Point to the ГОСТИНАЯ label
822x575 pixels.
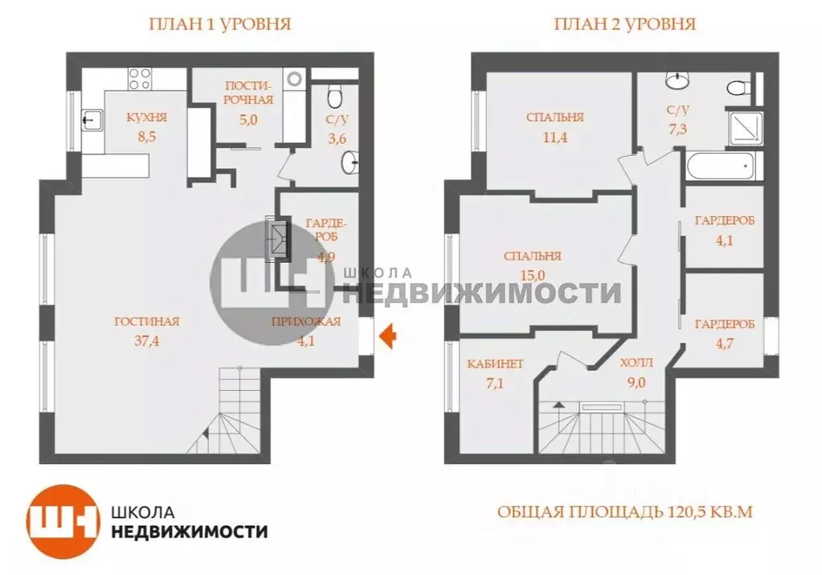(x=146, y=322)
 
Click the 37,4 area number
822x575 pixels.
(x=146, y=339)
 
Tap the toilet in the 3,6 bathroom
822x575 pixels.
(x=336, y=97)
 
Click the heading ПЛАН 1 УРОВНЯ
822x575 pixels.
(x=219, y=24)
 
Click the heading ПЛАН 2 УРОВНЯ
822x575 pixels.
(x=624, y=24)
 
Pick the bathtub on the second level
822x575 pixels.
(x=722, y=168)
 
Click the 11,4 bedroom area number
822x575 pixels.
(x=554, y=138)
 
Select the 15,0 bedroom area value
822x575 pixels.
(x=532, y=274)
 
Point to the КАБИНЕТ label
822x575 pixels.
(x=495, y=364)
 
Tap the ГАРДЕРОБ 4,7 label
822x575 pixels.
(x=724, y=325)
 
